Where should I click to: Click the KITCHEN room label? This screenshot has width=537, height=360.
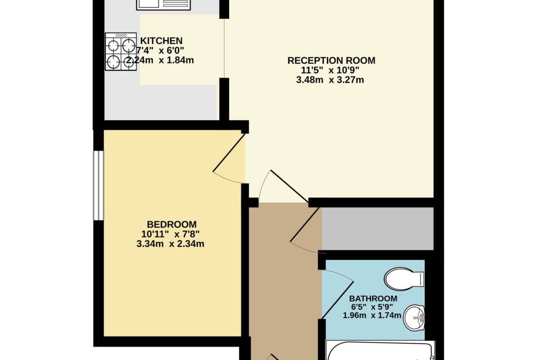pos(161,41)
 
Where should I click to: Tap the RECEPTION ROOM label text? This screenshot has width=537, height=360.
pos(331,61)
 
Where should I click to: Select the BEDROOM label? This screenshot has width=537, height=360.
pos(172,225)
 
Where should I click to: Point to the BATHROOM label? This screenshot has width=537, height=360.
pos(373,299)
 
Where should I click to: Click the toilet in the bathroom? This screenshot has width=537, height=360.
pos(404,279)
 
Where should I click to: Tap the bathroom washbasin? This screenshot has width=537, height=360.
pos(414,318)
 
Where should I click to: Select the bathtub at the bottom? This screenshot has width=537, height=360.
pos(380,350)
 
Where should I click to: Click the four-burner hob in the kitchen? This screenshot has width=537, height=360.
pos(121,52)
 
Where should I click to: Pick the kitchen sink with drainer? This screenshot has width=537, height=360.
pos(163,5)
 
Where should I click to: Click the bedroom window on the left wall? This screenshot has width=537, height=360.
pos(99,185)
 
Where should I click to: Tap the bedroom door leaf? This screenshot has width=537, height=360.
pos(229,153)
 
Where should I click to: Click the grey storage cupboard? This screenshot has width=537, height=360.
pos(378,228)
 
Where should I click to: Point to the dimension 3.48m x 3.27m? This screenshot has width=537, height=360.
pos(330,80)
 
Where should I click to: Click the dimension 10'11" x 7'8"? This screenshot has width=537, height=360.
pos(171,234)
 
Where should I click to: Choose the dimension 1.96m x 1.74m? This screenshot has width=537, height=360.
pos(372,315)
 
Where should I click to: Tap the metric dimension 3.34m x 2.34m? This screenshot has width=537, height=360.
pos(170,244)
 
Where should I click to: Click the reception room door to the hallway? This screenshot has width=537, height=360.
pos(290,186)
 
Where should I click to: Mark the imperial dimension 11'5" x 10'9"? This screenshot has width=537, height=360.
pos(330,70)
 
